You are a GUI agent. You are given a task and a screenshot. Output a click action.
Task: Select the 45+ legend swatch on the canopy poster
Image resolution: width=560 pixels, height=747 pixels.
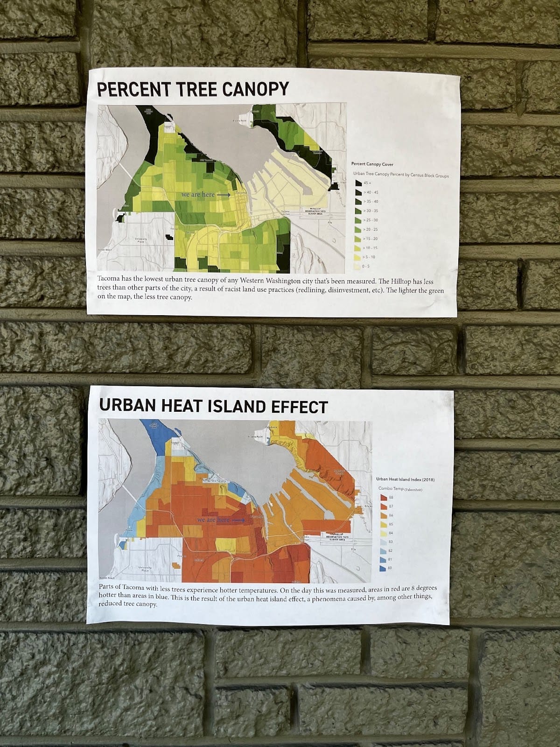(358, 183)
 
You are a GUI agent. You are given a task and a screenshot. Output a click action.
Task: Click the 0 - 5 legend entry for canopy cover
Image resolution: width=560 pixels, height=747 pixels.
(358, 266)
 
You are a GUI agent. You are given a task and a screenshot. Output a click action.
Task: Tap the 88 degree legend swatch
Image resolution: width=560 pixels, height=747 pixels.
(383, 498)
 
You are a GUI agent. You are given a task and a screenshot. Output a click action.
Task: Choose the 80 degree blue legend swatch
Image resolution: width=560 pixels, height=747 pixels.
(383, 568)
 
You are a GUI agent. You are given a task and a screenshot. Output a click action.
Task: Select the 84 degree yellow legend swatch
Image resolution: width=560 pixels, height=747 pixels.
(383, 533)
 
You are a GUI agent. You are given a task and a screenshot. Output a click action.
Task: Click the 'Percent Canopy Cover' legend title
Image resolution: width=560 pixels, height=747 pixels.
(372, 164)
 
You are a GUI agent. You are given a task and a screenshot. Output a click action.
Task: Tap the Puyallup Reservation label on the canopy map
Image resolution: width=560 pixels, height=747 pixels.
(314, 211)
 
